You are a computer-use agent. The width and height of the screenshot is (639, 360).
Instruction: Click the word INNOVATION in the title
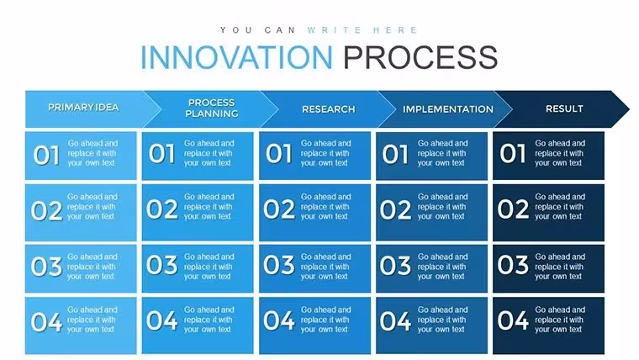click(x=236, y=57)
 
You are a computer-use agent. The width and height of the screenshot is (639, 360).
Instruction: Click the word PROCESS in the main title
click(x=420, y=57)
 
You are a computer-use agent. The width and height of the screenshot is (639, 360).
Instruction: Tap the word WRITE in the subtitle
click(x=334, y=30)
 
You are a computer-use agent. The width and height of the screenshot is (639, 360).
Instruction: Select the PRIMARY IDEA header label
click(x=83, y=107)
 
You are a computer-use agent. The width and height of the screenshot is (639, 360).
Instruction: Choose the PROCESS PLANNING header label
click(x=212, y=108)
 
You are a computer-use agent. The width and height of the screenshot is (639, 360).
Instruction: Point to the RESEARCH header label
click(x=329, y=109)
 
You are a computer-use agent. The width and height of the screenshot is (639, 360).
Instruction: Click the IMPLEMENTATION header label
click(x=448, y=109)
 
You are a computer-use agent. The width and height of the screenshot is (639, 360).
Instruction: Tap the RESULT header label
click(x=564, y=109)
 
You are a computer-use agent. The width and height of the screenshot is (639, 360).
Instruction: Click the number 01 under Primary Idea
click(x=46, y=156)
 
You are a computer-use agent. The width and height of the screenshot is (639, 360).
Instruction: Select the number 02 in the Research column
click(x=279, y=209)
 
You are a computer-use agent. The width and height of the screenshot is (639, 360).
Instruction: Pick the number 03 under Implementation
click(x=395, y=266)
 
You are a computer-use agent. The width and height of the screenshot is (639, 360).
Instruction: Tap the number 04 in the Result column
click(x=513, y=320)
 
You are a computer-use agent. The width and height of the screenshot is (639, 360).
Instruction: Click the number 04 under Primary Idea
click(x=46, y=321)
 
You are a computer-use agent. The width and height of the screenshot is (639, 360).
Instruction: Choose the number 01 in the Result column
click(x=513, y=154)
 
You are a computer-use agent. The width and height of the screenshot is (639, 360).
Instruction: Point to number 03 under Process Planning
click(x=161, y=265)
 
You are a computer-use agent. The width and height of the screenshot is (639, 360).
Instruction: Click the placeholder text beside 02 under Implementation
click(x=442, y=207)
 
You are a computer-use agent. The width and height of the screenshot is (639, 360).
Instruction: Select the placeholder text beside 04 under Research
click(x=325, y=320)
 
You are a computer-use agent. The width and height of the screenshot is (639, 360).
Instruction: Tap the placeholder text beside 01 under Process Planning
click(x=209, y=153)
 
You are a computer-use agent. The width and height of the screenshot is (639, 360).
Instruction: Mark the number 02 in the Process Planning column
click(x=161, y=209)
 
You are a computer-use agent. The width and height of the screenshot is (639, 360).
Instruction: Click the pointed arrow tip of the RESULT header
click(x=629, y=109)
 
